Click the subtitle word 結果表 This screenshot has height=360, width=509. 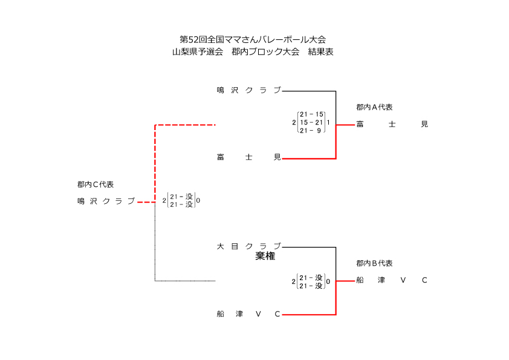321,52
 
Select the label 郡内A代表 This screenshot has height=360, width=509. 374,107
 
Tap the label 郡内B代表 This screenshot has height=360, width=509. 374,263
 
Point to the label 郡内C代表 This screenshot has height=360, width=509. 96,185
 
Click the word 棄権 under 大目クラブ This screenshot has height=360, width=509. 265,257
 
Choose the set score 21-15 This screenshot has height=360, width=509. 312,114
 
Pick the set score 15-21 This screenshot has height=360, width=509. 312,122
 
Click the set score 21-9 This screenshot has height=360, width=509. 311,130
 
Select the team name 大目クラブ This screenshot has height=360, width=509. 248,246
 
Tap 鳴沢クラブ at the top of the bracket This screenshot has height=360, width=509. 248,90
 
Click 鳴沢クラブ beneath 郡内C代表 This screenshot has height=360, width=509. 106,201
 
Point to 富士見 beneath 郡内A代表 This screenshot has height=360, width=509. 392,124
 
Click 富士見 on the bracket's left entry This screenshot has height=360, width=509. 248,158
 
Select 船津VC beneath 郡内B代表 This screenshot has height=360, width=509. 392,280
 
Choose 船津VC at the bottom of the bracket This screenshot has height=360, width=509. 248,314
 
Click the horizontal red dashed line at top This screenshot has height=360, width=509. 185,125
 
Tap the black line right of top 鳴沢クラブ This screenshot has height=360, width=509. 308,91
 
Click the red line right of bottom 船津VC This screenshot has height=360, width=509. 308,315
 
